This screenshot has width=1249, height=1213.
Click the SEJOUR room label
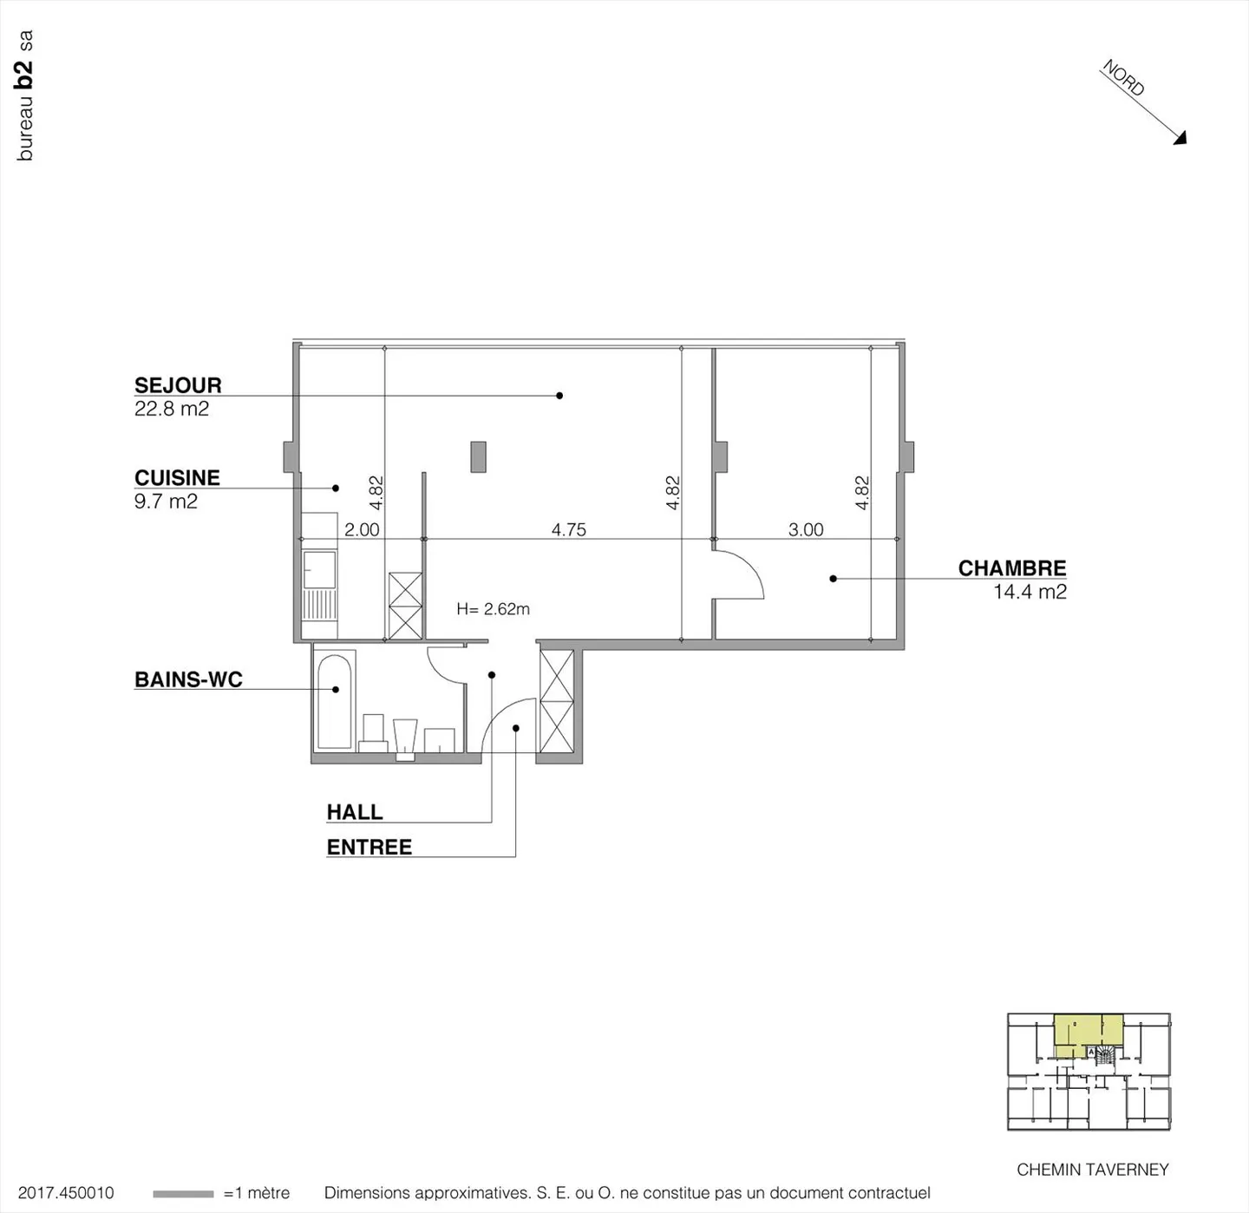click(x=178, y=385)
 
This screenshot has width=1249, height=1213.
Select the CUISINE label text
click(x=177, y=477)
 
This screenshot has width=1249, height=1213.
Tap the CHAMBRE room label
click(x=1011, y=568)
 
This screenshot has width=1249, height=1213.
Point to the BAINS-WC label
click(x=188, y=679)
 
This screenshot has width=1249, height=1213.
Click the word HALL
click(x=354, y=812)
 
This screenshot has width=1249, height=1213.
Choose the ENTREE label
click(x=369, y=847)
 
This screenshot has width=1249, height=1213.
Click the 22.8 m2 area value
click(x=172, y=409)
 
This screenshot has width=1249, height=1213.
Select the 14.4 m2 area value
click(x=1030, y=592)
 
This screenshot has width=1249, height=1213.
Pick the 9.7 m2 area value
click(x=166, y=502)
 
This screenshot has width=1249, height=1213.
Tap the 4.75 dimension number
click(x=569, y=529)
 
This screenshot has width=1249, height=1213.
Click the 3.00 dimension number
click(x=806, y=529)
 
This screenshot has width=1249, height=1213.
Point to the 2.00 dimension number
click(x=362, y=529)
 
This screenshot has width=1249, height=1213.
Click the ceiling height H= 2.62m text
click(x=493, y=609)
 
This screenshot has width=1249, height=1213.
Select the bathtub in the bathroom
click(x=335, y=701)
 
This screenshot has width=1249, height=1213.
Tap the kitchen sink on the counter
click(x=319, y=568)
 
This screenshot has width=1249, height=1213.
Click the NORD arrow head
click(x=1180, y=138)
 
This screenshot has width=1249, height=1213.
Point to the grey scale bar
click(x=183, y=1194)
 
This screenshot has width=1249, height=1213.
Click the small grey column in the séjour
click(x=478, y=456)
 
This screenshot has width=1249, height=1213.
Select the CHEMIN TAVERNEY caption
click(x=1092, y=1170)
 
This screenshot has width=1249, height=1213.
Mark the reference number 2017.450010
click(x=66, y=1193)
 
